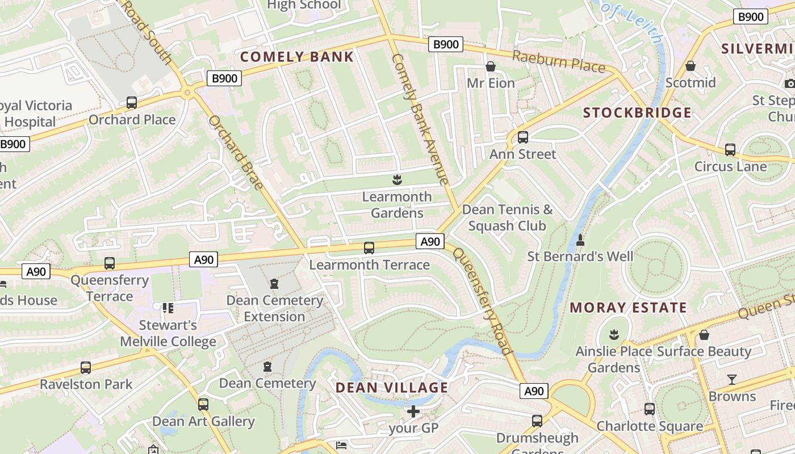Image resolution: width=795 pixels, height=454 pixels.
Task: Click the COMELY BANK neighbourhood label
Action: pos(297,57)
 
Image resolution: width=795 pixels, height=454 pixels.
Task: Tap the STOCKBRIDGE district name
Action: pos(637,112)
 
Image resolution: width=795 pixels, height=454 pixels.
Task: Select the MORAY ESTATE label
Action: pos(628,308)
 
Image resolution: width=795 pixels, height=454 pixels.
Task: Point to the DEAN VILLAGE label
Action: pos(392,388)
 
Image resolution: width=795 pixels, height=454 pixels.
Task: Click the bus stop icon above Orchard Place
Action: pos(132,103)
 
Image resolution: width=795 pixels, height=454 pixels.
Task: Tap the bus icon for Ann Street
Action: pos(523,137)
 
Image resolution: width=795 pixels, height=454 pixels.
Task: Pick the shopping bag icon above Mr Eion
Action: pos(491,66)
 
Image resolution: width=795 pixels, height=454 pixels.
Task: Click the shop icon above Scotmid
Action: pos(691,66)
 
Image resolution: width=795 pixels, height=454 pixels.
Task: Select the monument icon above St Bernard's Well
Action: pos(580,240)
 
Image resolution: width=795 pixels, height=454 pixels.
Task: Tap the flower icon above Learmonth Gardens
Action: pos(397,180)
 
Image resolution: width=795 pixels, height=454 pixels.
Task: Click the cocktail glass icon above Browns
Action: pos(732,379)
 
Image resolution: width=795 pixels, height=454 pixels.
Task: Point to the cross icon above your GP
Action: pos(413,410)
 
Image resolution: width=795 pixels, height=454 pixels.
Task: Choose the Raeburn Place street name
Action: pos(559,61)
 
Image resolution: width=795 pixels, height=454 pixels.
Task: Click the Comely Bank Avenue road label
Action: pos(420,119)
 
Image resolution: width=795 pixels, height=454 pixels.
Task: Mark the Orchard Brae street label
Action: pos(236,153)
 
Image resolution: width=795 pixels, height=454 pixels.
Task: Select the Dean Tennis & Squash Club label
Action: pos(507,217)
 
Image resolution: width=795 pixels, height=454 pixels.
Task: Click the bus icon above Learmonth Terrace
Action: pos(369,247)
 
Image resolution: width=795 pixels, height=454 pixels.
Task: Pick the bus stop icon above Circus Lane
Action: pos(730,150)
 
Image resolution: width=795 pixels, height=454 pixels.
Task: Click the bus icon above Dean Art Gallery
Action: pos(203,405)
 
